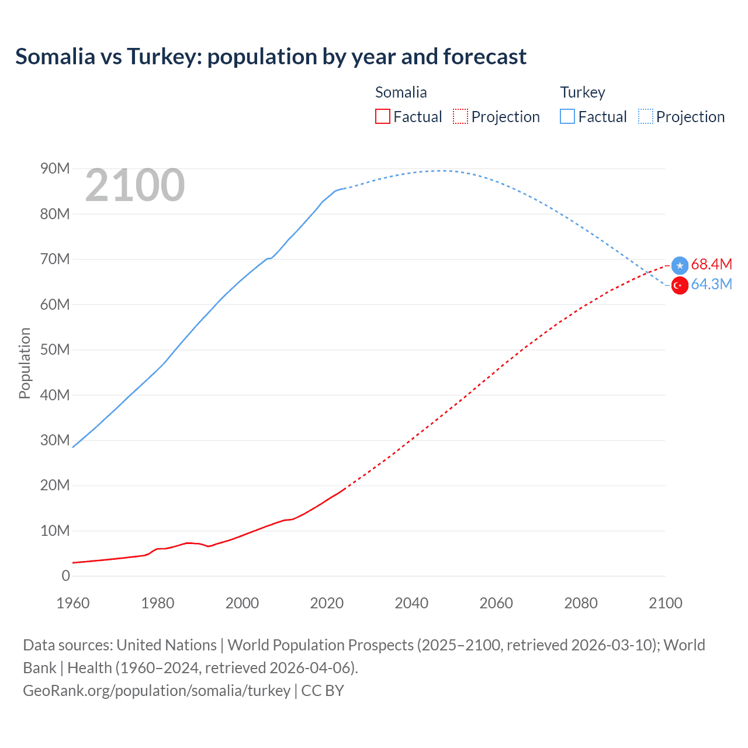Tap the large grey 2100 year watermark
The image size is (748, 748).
point(135,185)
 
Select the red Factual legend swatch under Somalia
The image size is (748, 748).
point(382,116)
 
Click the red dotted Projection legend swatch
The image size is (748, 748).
point(460,116)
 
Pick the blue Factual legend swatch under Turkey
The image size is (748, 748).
point(567,116)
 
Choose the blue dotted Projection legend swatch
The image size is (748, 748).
point(645,116)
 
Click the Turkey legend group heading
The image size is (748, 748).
point(582,92)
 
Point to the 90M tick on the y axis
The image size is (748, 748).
point(55,169)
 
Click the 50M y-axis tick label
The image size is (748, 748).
point(55,350)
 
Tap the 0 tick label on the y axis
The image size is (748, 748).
point(65,576)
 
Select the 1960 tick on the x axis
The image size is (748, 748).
point(73,603)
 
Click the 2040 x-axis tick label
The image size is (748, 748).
point(411,603)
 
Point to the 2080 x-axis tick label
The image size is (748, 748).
point(581,603)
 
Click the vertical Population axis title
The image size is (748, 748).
point(25,363)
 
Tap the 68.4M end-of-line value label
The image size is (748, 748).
point(711,265)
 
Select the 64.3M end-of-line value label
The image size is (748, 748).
point(711,285)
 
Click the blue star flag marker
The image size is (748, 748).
point(680,265)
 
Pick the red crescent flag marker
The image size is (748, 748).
point(680,285)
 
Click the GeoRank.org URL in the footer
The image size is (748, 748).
point(157,691)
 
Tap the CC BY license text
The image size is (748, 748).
point(323,691)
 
